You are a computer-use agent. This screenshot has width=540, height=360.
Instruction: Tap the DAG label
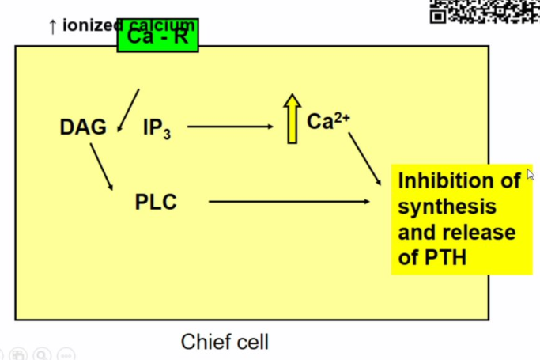pyautogui.click(x=82, y=127)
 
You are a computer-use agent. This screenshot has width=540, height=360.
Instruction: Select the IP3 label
pyautogui.click(x=157, y=128)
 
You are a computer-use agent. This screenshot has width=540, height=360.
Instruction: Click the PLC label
pyautogui.click(x=156, y=203)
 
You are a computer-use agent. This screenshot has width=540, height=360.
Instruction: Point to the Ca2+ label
pyautogui.click(x=328, y=121)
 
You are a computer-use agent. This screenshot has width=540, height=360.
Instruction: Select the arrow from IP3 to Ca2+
pyautogui.click(x=230, y=127)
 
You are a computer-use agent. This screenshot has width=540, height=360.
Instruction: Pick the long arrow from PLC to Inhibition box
pyautogui.click(x=289, y=202)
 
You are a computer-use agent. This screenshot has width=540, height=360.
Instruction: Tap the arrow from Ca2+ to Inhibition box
pyautogui.click(x=364, y=158)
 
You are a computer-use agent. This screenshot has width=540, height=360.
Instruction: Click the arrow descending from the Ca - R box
pyautogui.click(x=128, y=110)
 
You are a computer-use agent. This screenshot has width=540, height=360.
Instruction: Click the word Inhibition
pyautogui.click(x=459, y=181)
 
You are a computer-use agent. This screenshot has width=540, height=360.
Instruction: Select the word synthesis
pyautogui.click(x=447, y=207)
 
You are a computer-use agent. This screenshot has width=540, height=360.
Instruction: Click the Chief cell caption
pyautogui.click(x=225, y=342)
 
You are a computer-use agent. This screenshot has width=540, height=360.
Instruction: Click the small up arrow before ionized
pyautogui.click(x=52, y=27)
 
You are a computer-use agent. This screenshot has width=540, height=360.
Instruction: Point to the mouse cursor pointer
pyautogui.click(x=531, y=174)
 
